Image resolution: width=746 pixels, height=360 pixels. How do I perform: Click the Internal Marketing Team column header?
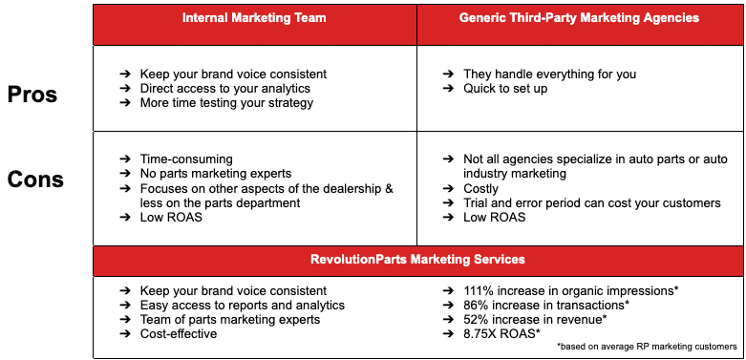255,18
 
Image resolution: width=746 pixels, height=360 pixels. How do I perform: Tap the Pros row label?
32,95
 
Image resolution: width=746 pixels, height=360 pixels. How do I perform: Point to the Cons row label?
35,179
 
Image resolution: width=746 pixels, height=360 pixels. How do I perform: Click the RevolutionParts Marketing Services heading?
418,259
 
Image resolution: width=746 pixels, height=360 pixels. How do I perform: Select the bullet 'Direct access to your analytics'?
224,89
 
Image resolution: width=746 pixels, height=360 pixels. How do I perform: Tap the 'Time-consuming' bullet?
186,159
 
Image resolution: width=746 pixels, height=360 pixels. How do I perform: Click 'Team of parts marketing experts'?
230,319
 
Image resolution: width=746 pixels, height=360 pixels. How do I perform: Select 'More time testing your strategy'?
226,103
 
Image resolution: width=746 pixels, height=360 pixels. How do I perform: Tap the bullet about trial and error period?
592,203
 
